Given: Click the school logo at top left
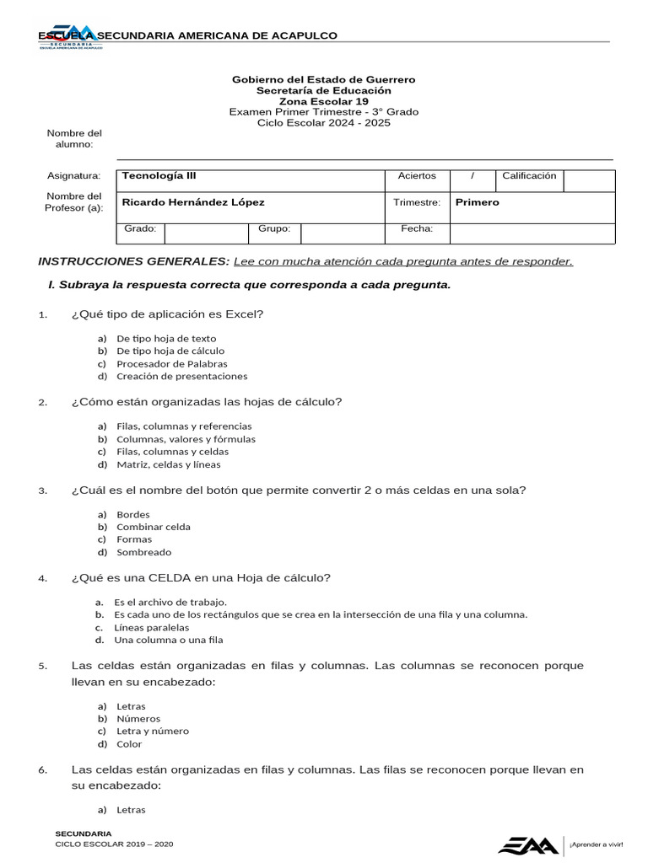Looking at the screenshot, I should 71,36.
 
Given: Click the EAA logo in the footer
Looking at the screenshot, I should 527,844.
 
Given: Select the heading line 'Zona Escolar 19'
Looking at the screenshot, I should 323,101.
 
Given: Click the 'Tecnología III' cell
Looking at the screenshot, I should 159,176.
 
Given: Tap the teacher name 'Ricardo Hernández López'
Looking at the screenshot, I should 193,202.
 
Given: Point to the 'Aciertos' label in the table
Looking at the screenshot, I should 417,176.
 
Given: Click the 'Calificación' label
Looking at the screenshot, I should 529,176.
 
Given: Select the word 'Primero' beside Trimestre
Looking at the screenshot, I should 478,202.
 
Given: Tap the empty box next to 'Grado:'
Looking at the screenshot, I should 206,233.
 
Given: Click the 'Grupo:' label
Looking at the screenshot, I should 274,228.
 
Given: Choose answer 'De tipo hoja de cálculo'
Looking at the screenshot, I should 170,351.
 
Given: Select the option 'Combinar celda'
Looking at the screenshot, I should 154,527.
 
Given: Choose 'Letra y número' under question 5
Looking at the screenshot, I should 153,732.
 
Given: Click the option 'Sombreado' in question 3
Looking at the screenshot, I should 143,553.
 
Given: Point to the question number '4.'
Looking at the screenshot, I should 42,578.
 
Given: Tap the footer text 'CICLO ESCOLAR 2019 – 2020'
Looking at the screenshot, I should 114,844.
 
